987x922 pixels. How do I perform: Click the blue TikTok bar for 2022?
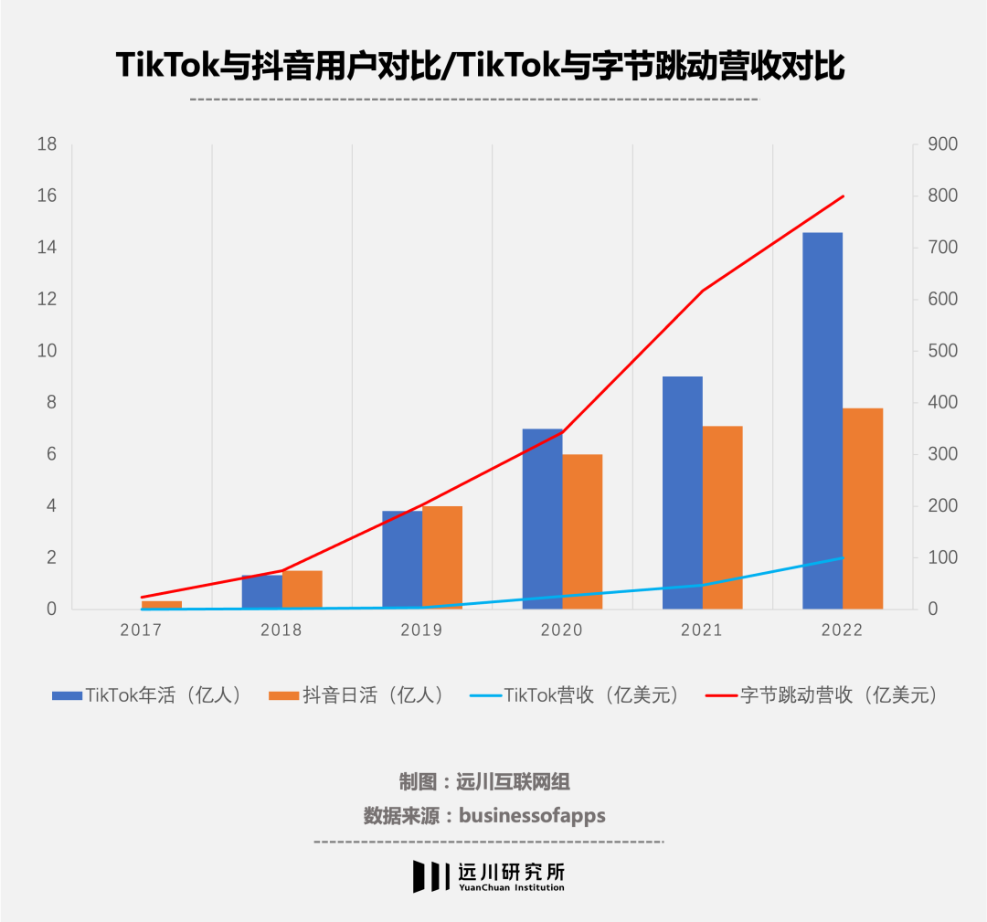click(822, 420)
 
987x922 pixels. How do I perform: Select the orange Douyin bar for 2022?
click(863, 508)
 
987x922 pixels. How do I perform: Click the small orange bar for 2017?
click(162, 605)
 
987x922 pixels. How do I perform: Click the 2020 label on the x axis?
click(562, 631)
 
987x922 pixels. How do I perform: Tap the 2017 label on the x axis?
click(142, 631)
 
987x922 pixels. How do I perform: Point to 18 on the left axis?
click(46, 144)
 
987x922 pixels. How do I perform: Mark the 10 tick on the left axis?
click(46, 351)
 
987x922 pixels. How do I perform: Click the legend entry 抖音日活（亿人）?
click(357, 695)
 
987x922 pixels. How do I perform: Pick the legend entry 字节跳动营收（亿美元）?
click(822, 695)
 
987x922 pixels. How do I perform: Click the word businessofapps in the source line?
click(532, 815)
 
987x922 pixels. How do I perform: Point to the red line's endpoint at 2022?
click(843, 196)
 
